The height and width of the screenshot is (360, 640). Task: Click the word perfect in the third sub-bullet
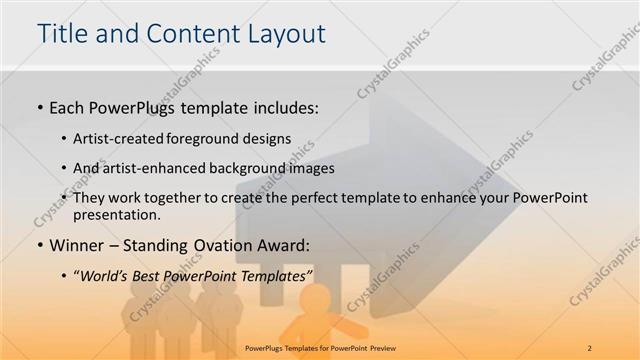click(313, 198)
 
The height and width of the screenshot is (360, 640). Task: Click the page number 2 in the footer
click(591, 348)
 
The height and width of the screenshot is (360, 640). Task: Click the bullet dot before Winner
click(39, 245)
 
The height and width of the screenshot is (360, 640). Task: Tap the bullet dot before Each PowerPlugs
click(39, 107)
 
